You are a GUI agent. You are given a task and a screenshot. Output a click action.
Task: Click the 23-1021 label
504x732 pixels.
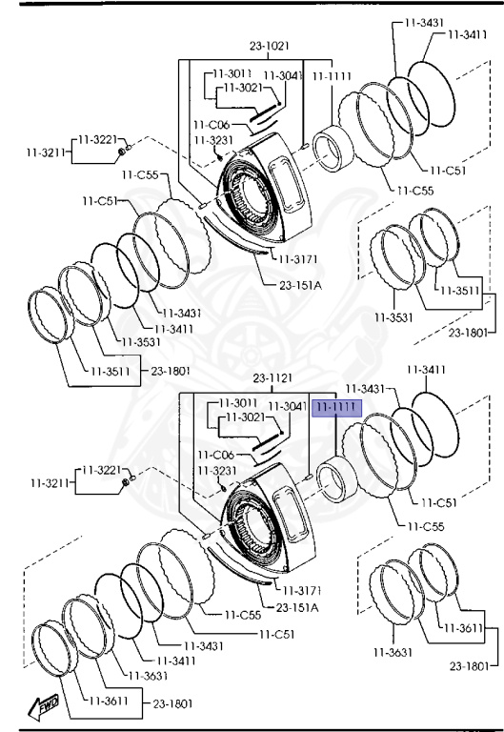tap(270, 46)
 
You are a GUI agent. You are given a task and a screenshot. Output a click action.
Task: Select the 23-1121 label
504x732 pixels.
tap(272, 377)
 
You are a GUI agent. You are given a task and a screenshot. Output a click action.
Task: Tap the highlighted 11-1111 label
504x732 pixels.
tap(336, 408)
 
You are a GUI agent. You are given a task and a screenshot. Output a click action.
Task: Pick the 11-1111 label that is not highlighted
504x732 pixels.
tap(332, 76)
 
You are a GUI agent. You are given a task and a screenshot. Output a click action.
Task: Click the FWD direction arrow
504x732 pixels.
tap(44, 706)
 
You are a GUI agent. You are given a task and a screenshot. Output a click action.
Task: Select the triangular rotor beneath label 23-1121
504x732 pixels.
tap(269, 518)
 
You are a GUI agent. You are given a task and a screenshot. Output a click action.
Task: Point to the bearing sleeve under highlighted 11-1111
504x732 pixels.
tap(336, 479)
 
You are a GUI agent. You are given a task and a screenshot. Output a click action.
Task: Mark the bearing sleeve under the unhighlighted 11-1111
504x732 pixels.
tap(333, 149)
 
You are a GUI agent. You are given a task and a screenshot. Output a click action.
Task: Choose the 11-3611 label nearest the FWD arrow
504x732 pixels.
tap(109, 701)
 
